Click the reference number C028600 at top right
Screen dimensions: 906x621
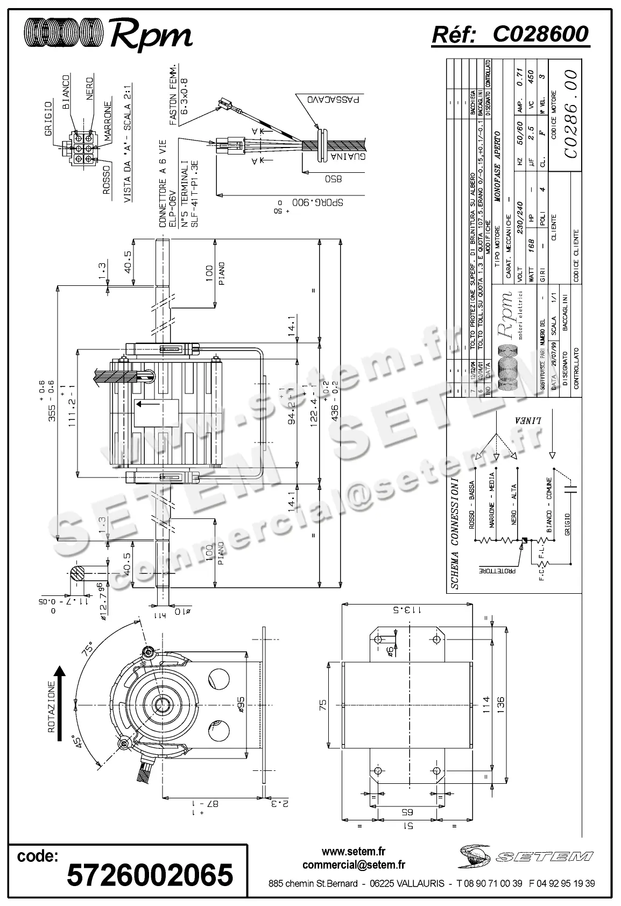tap(540, 34)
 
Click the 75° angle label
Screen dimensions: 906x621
tap(88, 648)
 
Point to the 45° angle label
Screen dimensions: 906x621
tap(77, 742)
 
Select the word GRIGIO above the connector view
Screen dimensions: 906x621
tap(48, 118)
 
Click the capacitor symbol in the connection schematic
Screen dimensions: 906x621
tap(570, 488)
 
